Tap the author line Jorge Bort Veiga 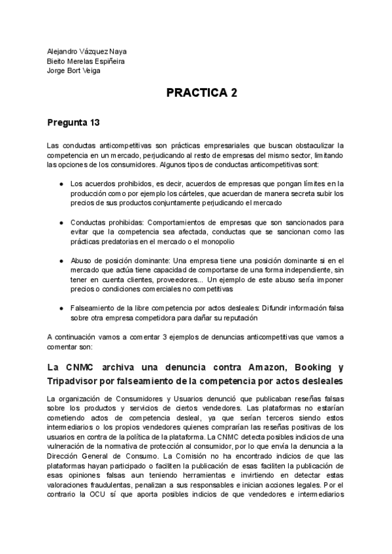coord(74,71)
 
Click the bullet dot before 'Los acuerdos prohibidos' coord(61,184)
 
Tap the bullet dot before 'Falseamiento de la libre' coord(61,308)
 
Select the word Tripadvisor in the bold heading coord(75,380)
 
